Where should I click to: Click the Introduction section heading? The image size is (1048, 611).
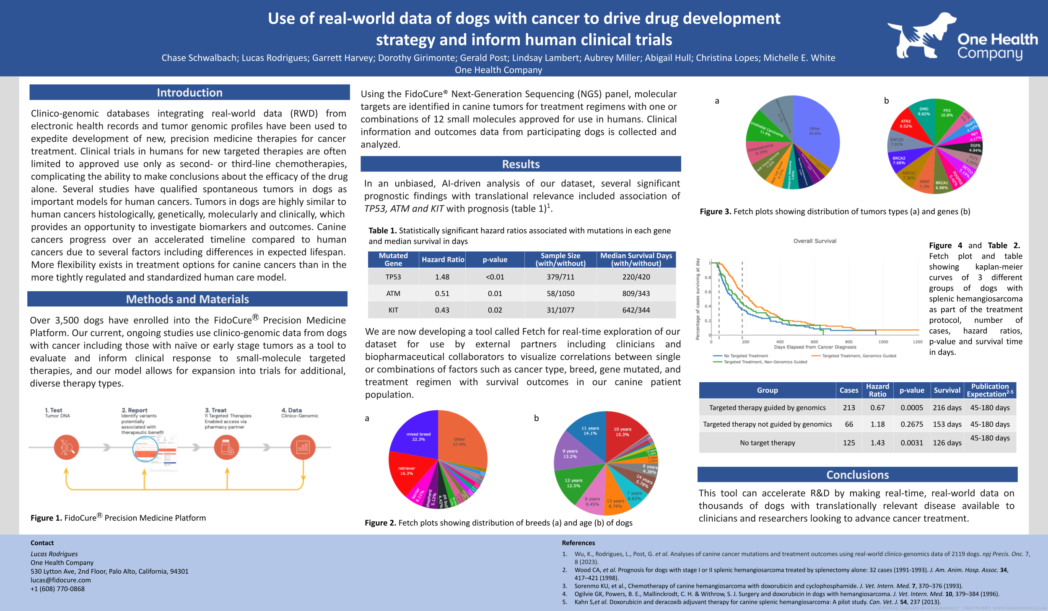click(189, 93)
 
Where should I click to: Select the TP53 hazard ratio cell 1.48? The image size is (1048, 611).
click(442, 277)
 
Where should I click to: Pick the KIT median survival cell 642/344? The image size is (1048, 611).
click(636, 310)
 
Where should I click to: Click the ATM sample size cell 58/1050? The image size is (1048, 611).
click(560, 293)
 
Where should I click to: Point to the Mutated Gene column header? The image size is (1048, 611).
click(393, 259)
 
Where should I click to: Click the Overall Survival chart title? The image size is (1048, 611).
click(815, 241)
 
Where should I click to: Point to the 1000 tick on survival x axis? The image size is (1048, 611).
click(883, 342)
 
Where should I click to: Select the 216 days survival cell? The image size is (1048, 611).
click(947, 408)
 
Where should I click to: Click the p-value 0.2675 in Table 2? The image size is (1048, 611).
click(912, 424)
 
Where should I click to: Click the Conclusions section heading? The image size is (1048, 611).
click(857, 475)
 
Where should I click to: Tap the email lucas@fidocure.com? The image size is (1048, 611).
click(60, 580)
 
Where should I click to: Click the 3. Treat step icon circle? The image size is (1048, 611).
click(226, 447)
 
